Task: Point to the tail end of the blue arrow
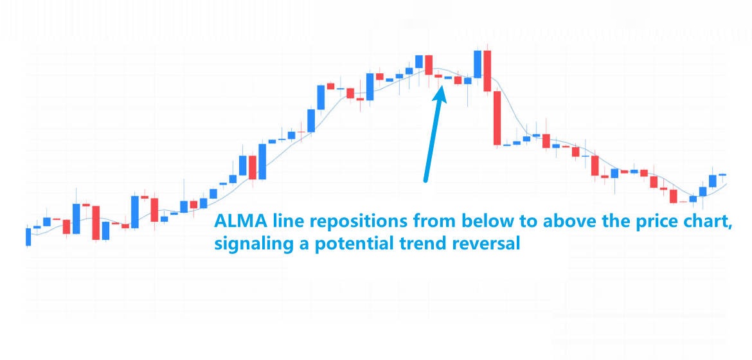(425, 181)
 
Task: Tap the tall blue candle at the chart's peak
(477, 64)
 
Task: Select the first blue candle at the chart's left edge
(28, 236)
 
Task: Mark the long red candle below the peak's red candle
(497, 118)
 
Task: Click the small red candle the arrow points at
(438, 76)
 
